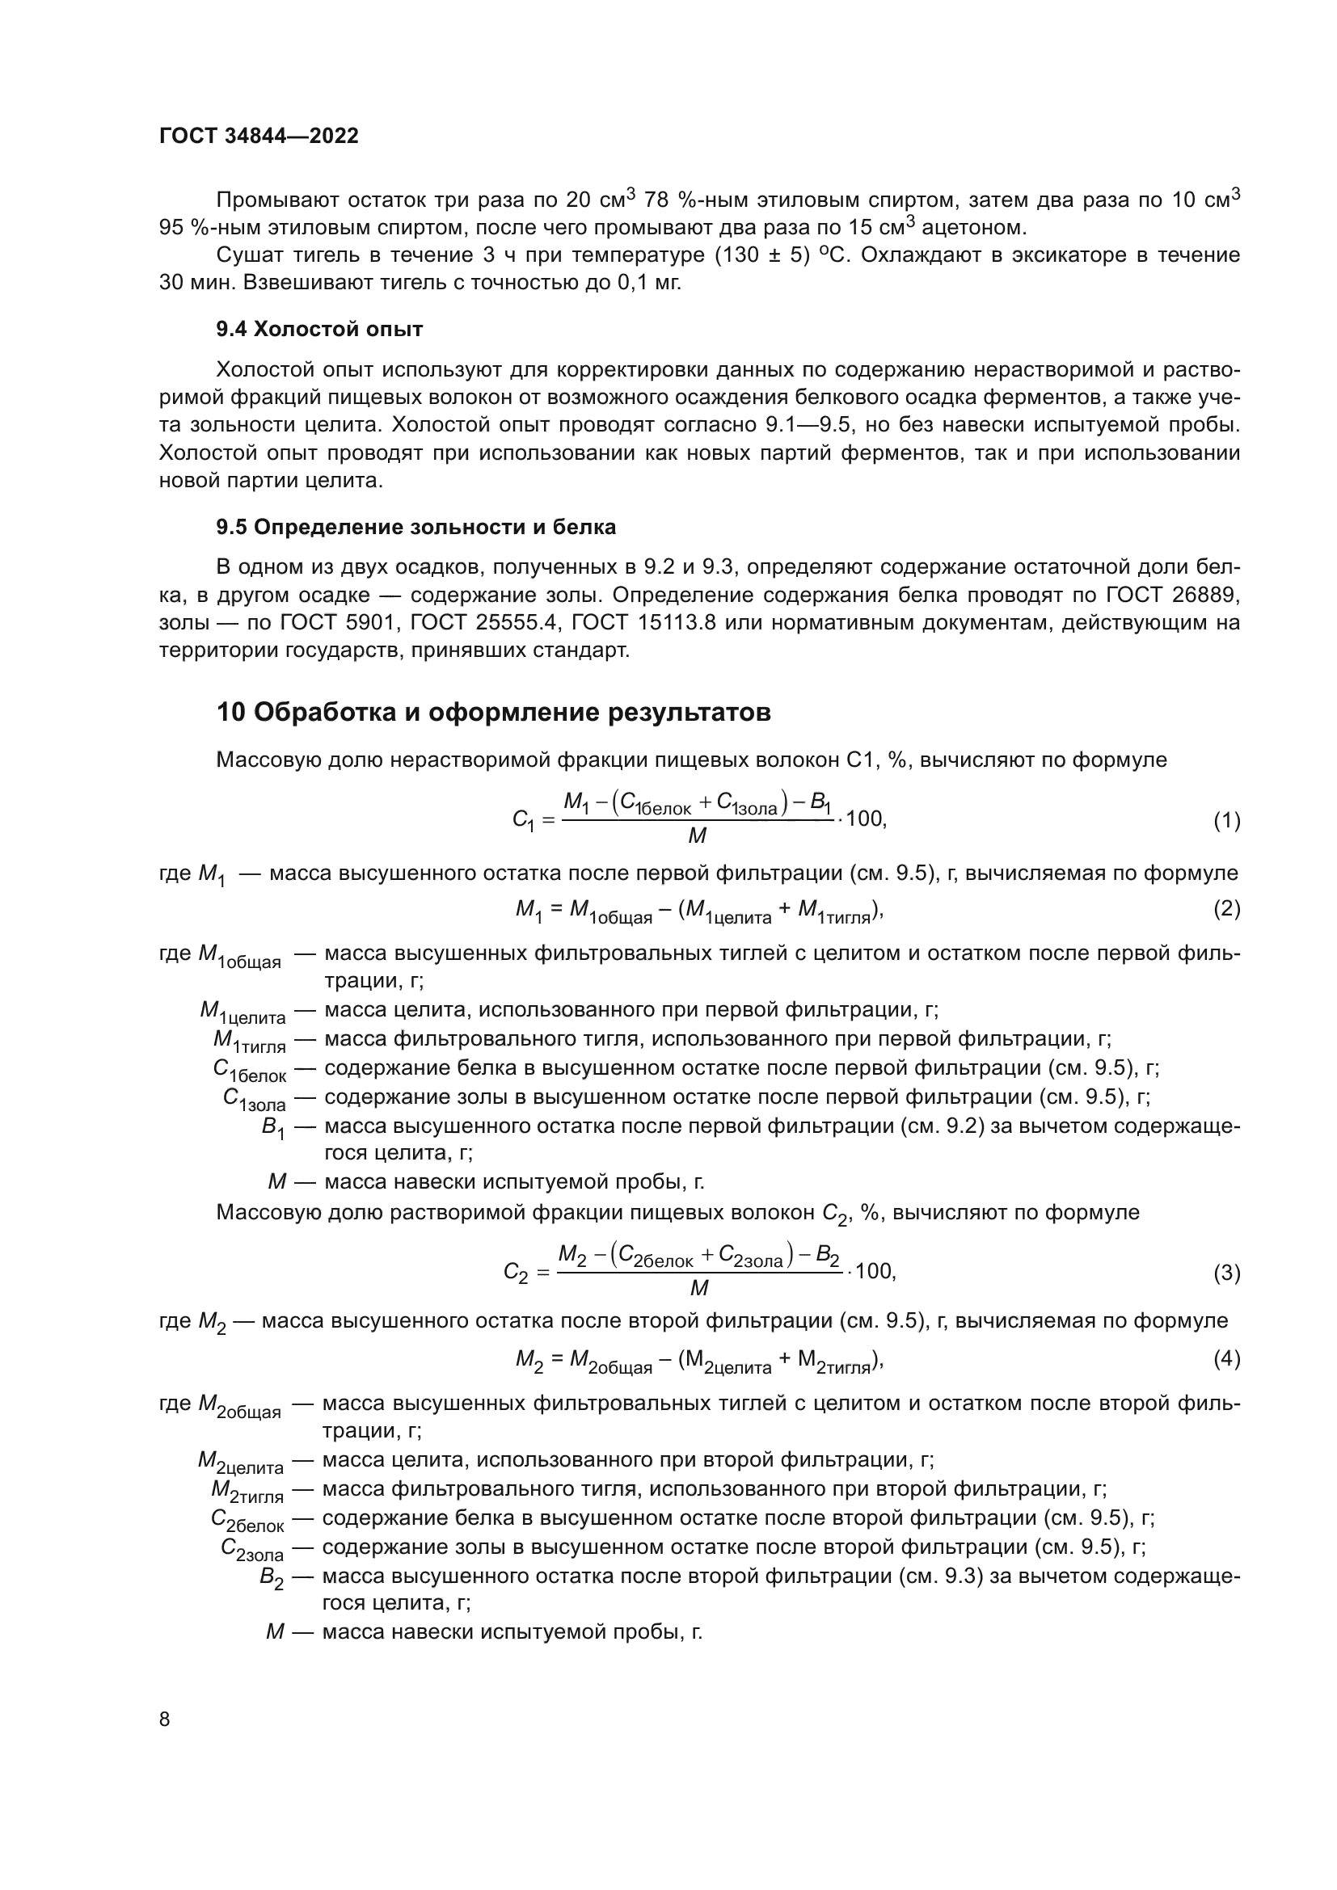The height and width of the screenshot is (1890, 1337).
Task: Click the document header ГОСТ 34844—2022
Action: pos(259,136)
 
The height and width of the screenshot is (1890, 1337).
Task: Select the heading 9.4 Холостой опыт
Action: pos(318,329)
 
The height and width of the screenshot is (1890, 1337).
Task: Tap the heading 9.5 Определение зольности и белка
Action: pos(415,527)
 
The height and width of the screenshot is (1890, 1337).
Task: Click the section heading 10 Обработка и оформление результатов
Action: pos(493,711)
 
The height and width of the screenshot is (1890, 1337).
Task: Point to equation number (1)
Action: pos(1226,821)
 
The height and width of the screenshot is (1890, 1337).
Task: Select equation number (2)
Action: pos(1226,909)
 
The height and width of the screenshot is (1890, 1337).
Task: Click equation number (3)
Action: pos(1226,1273)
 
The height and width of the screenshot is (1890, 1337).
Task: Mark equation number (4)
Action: pos(1226,1359)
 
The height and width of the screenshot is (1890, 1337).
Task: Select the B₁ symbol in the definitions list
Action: pos(272,1128)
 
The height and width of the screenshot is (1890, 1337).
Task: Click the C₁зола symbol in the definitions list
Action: pos(254,1100)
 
